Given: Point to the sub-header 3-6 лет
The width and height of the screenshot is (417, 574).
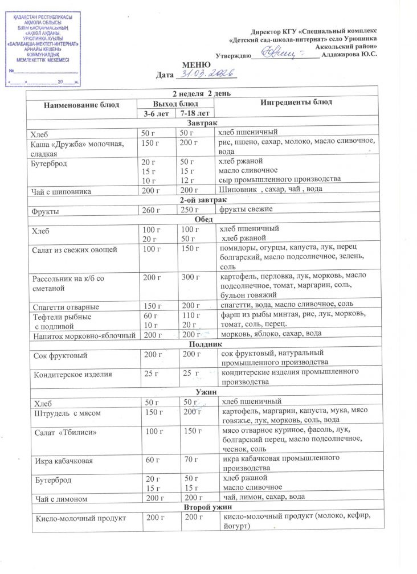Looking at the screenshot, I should [156, 114].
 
